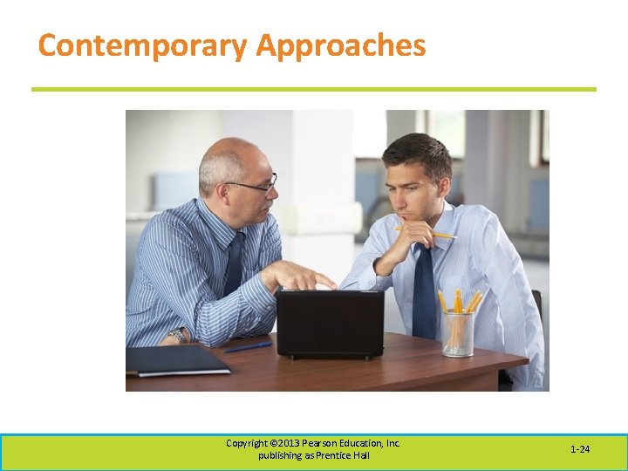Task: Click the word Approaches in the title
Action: (341, 45)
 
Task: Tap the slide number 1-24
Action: (580, 449)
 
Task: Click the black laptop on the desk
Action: (330, 323)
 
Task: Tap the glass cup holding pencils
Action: (458, 333)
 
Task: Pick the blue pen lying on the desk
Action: (248, 347)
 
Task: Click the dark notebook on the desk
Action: (178, 359)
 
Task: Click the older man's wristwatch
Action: (177, 335)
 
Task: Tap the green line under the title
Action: (314, 89)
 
